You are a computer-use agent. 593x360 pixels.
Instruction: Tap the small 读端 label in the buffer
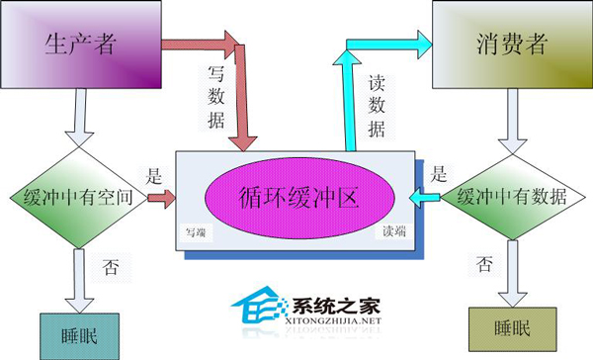coord(392,233)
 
